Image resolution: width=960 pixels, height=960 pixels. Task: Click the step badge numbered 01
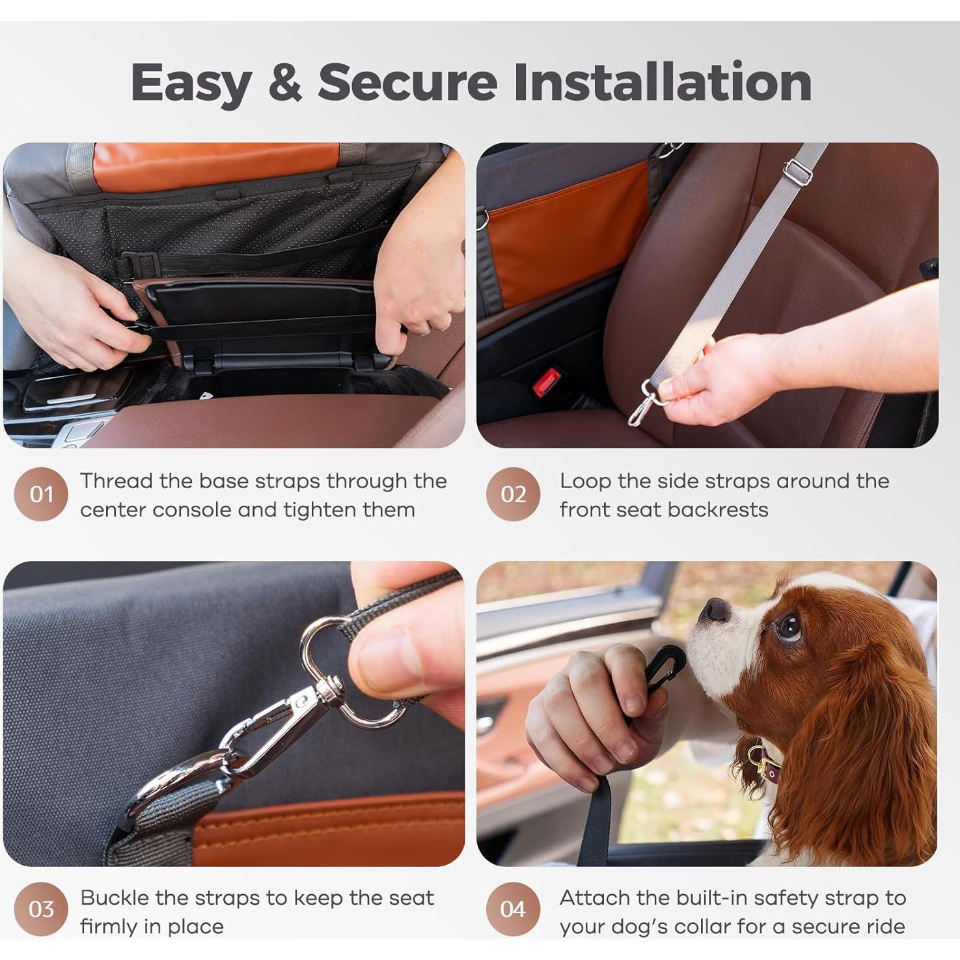point(41,495)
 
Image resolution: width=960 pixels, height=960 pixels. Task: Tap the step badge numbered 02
point(513,495)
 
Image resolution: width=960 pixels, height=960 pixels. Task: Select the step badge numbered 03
point(41,909)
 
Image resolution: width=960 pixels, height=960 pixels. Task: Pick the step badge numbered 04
point(513,909)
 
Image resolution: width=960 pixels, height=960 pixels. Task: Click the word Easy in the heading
point(191,83)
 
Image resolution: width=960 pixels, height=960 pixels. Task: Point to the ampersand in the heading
point(285,82)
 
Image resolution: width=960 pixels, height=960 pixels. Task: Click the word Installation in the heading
point(662,82)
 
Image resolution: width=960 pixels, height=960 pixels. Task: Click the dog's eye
point(789,627)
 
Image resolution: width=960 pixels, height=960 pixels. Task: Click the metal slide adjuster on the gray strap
point(797,171)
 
